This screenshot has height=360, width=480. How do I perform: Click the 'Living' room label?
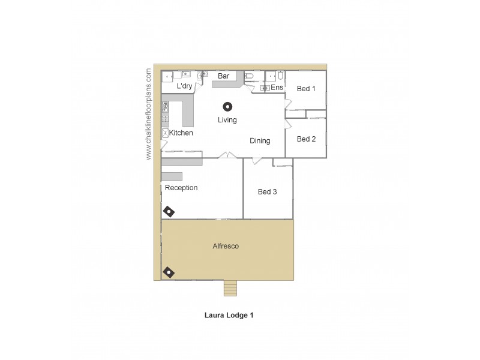pyautogui.click(x=227, y=120)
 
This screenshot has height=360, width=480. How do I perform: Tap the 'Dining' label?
pyautogui.click(x=260, y=141)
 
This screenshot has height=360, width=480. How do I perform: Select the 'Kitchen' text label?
pyautogui.click(x=181, y=133)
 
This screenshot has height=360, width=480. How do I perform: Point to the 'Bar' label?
pyautogui.click(x=224, y=76)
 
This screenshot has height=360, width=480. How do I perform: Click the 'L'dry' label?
pyautogui.click(x=184, y=86)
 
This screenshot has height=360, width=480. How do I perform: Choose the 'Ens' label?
pyautogui.click(x=277, y=88)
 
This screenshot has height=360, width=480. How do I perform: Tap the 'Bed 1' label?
pyautogui.click(x=306, y=89)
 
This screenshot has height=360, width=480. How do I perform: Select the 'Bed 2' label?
pyautogui.click(x=306, y=139)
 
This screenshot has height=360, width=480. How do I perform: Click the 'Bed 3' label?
pyautogui.click(x=268, y=192)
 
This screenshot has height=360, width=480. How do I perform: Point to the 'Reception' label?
pyautogui.click(x=181, y=188)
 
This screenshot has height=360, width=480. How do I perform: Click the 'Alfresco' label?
pyautogui.click(x=226, y=246)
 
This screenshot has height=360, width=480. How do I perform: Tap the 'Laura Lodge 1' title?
pyautogui.click(x=229, y=314)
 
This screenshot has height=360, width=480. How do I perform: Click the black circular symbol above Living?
pyautogui.click(x=227, y=107)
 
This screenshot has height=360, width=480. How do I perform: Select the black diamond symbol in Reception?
pyautogui.click(x=170, y=211)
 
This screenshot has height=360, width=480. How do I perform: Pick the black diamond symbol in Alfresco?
pyautogui.click(x=170, y=272)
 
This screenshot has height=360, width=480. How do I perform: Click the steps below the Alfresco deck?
pyautogui.click(x=231, y=289)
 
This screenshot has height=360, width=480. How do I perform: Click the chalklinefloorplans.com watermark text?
pyautogui.click(x=149, y=113)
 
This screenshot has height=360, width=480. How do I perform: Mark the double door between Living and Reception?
pyautogui.click(x=227, y=155)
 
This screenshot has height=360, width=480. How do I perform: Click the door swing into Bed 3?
pyautogui.click(x=257, y=161)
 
